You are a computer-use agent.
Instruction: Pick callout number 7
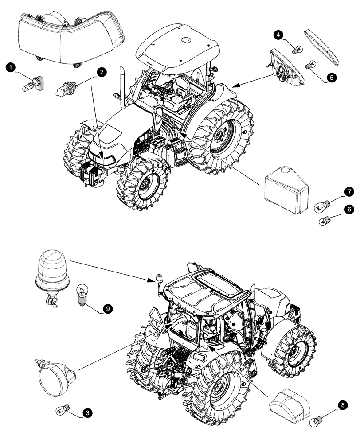pos(349,191)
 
